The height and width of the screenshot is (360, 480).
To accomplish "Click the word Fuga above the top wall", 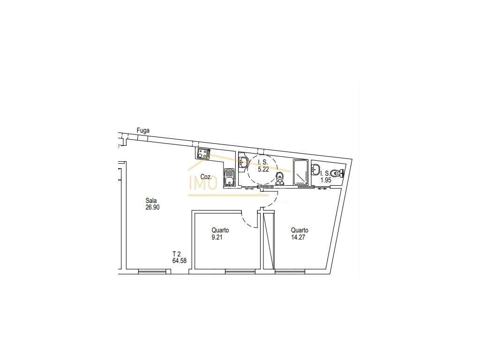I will pos(143,130).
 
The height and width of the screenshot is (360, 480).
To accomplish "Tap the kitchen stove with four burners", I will pos(203,153).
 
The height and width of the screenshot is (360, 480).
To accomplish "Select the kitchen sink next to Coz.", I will pos(229,178).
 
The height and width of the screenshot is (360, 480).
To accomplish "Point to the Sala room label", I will pos(151,201).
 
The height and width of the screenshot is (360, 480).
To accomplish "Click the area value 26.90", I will pos(153,207).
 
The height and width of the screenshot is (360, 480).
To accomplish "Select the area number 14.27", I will pos(299,237).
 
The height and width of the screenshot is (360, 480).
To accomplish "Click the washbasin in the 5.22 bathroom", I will pos(243,162).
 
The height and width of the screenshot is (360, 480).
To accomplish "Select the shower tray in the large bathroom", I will pos(300,172).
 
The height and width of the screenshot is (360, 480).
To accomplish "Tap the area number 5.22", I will pos(263,169).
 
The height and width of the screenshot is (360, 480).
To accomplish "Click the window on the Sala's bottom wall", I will pos(153,270).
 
